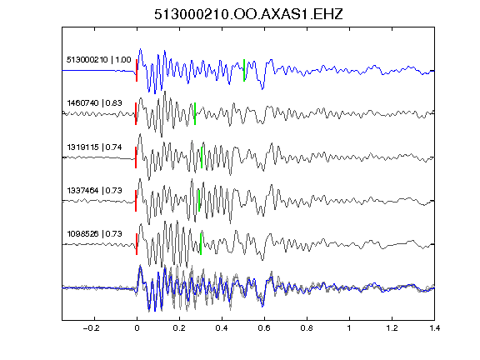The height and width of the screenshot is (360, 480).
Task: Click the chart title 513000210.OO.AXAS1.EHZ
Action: (x=248, y=14)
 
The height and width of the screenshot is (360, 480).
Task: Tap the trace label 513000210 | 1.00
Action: (x=98, y=59)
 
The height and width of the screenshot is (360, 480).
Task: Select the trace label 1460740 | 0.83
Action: (x=94, y=102)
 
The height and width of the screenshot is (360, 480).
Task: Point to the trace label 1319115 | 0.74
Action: (x=94, y=147)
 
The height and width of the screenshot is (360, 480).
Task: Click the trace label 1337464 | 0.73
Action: (x=94, y=190)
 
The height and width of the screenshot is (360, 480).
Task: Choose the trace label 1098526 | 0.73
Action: (x=94, y=234)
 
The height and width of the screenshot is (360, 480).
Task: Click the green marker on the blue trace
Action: (x=244, y=70)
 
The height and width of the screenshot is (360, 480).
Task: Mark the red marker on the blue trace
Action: (x=137, y=70)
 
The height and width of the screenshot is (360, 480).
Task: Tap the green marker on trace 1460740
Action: (x=195, y=114)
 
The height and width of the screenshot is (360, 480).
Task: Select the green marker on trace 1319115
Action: (x=202, y=157)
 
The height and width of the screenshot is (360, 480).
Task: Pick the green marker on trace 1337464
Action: (x=199, y=201)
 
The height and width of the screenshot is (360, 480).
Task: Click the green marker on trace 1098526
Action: (x=201, y=244)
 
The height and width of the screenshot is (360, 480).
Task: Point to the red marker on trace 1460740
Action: (x=136, y=114)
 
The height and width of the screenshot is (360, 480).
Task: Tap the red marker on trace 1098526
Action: (x=137, y=244)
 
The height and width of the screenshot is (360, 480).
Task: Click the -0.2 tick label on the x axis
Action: (x=91, y=328)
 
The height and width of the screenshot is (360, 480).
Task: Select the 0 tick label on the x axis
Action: (x=137, y=328)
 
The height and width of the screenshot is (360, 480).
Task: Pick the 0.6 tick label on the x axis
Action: (x=264, y=328)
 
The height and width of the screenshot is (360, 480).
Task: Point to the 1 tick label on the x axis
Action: (x=349, y=328)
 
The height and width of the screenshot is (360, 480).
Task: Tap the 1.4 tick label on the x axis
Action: (x=434, y=328)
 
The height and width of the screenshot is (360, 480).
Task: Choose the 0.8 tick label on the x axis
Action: (x=307, y=328)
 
